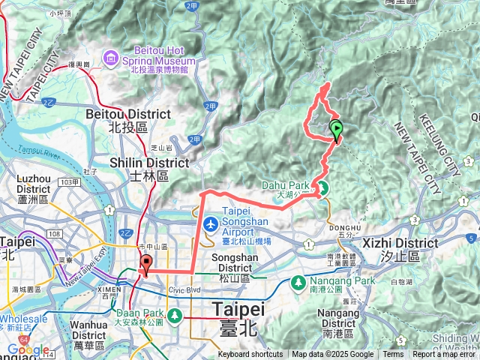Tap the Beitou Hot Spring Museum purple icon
click(110, 57)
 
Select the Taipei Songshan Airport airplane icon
click(212, 223)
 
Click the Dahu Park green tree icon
click(323, 187)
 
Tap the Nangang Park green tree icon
click(298, 283)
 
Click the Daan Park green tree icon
click(175, 314)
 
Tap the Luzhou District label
click(34, 184)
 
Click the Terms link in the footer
click(393, 355)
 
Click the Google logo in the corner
click(28, 350)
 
